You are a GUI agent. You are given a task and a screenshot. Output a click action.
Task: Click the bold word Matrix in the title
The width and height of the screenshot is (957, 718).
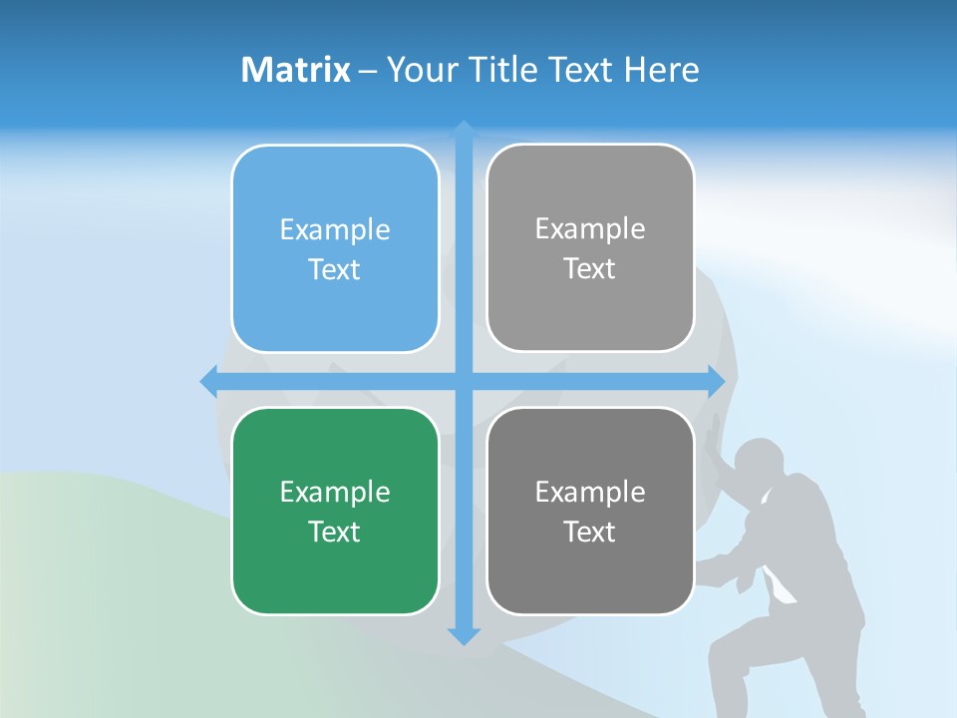point(296,70)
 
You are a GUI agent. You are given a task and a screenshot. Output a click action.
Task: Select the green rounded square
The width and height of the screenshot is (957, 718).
point(335,568)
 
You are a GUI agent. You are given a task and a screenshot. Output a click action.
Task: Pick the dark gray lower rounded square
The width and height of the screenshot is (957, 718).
point(590,568)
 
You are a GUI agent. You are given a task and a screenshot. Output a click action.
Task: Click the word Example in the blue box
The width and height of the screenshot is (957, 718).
point(335,230)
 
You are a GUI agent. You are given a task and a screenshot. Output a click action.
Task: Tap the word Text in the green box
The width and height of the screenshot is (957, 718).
point(335,532)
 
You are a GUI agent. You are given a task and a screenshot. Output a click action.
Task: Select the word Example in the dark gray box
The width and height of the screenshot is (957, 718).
point(590,492)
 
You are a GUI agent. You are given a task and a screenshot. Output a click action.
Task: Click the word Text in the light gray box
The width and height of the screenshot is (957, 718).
point(590,269)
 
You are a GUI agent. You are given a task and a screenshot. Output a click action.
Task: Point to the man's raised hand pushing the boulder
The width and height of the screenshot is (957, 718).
point(712,439)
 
